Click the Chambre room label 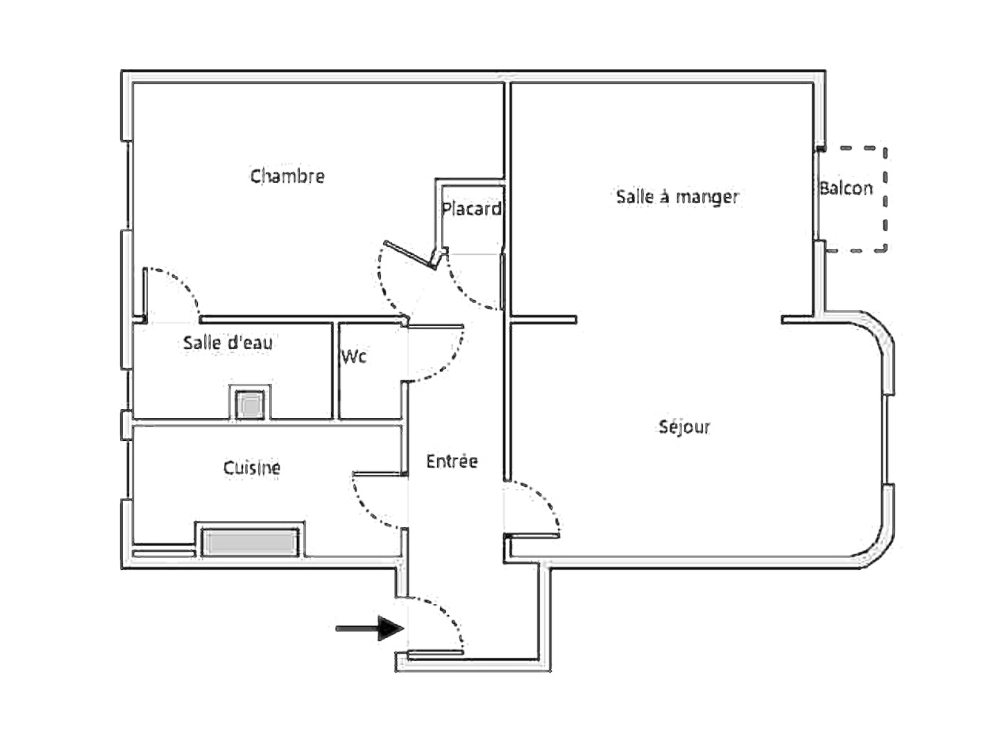point(288,175)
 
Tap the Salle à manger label point(678,197)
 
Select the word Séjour point(684,427)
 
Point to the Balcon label point(846,188)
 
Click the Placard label point(471,208)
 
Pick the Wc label point(354,356)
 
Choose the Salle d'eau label point(228,343)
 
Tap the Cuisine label point(252,467)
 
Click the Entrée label point(452,461)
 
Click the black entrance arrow point(370,628)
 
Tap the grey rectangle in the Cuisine point(250,542)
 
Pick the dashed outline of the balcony point(885,199)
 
